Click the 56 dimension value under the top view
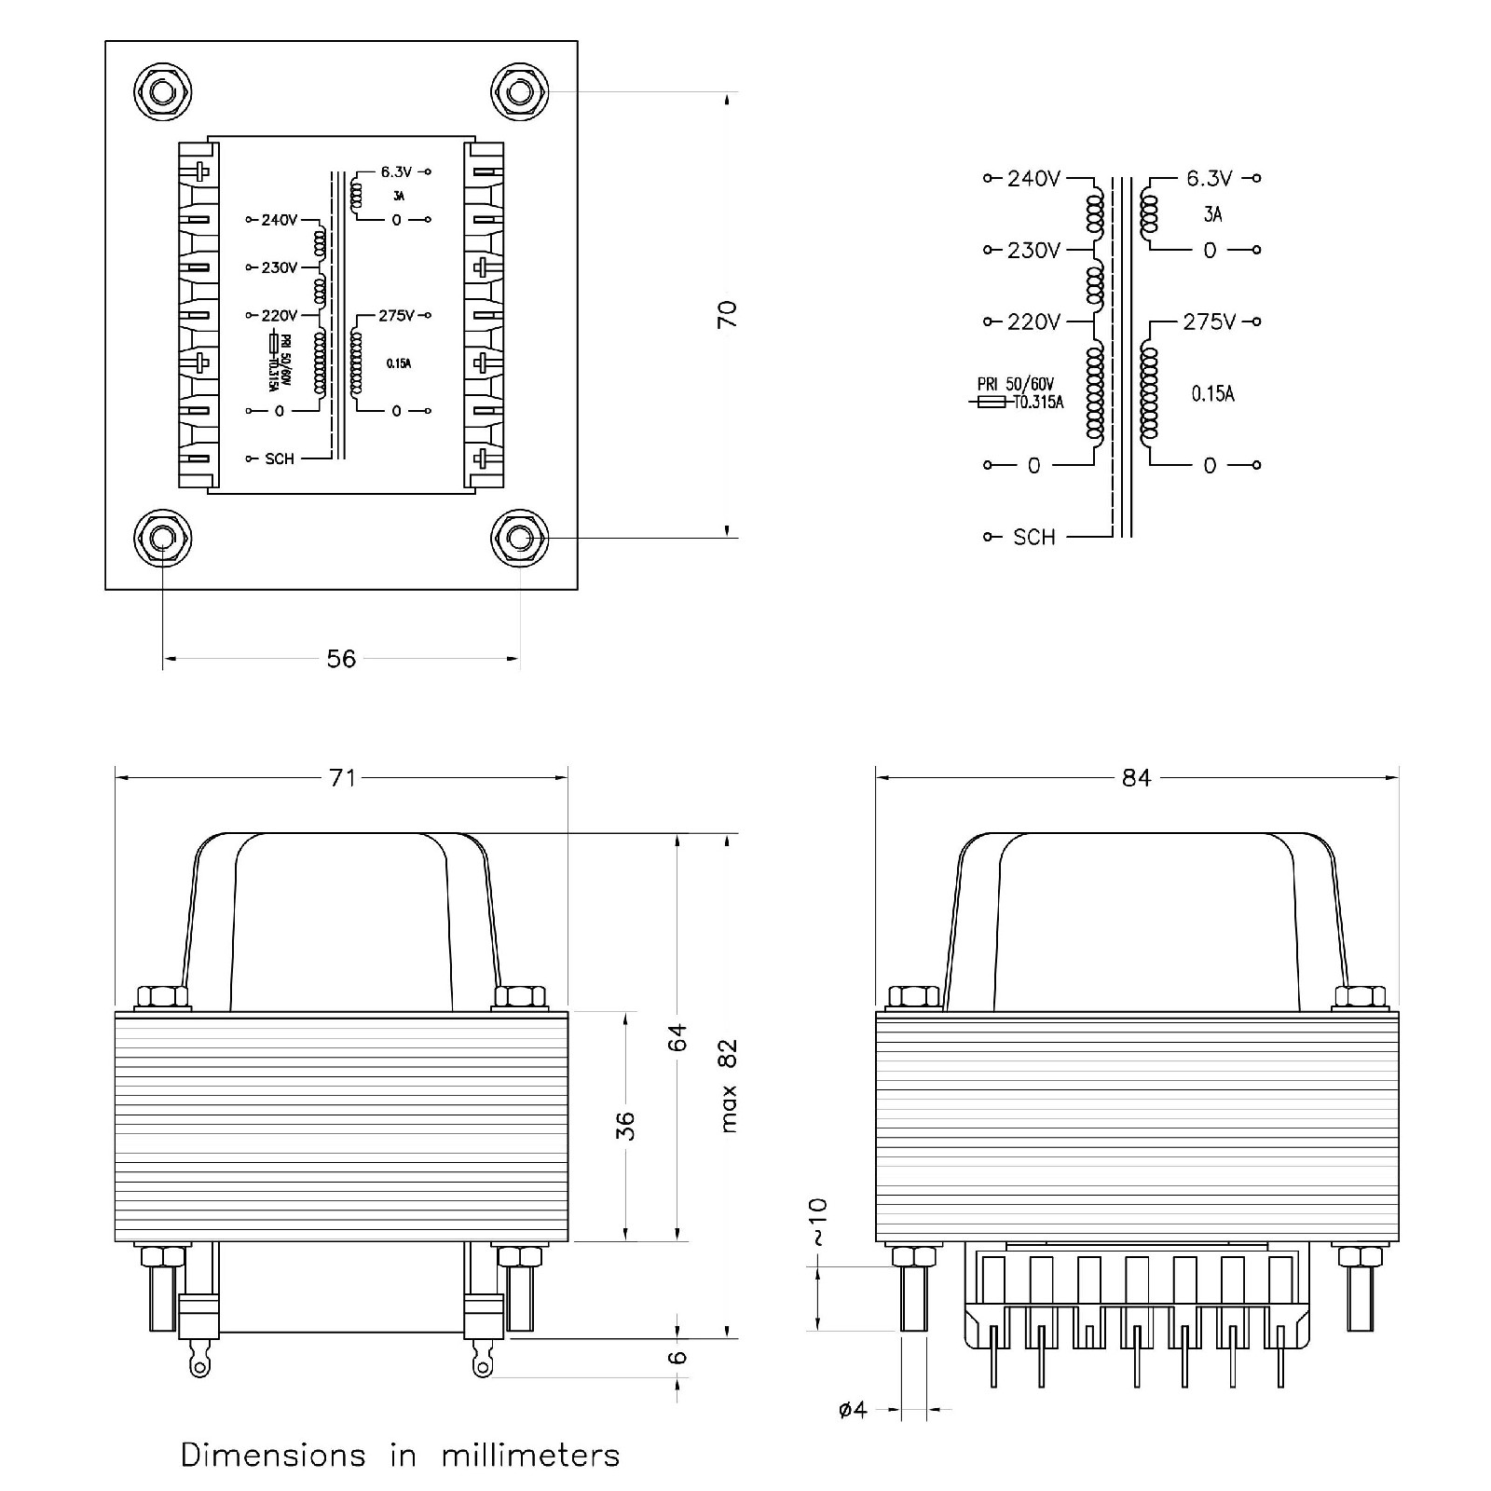341,659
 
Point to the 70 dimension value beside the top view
727,314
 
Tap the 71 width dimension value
342,777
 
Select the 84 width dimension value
1136,777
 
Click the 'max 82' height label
728,1085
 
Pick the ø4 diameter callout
853,1410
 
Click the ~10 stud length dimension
816,1222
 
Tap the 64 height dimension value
677,1037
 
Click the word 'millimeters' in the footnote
530,1455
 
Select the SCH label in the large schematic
1033,538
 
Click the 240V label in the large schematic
1033,178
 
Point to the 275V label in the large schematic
1210,322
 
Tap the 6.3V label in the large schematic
1210,178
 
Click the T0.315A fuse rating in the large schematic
1038,403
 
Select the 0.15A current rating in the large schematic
1212,394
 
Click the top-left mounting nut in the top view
162,91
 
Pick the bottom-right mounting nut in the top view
519,538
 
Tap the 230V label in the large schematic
1033,251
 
